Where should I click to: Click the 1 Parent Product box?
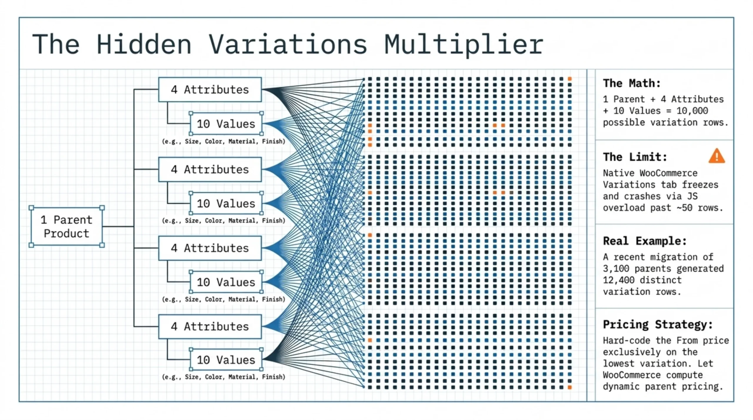tap(66, 226)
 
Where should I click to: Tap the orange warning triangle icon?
tap(716, 156)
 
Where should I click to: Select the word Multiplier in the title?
tap(464, 45)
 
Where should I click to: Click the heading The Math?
tap(632, 83)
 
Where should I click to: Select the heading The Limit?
tap(635, 157)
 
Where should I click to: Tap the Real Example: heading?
tap(645, 241)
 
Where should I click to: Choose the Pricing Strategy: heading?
tap(658, 324)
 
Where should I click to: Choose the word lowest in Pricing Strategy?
tap(619, 364)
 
